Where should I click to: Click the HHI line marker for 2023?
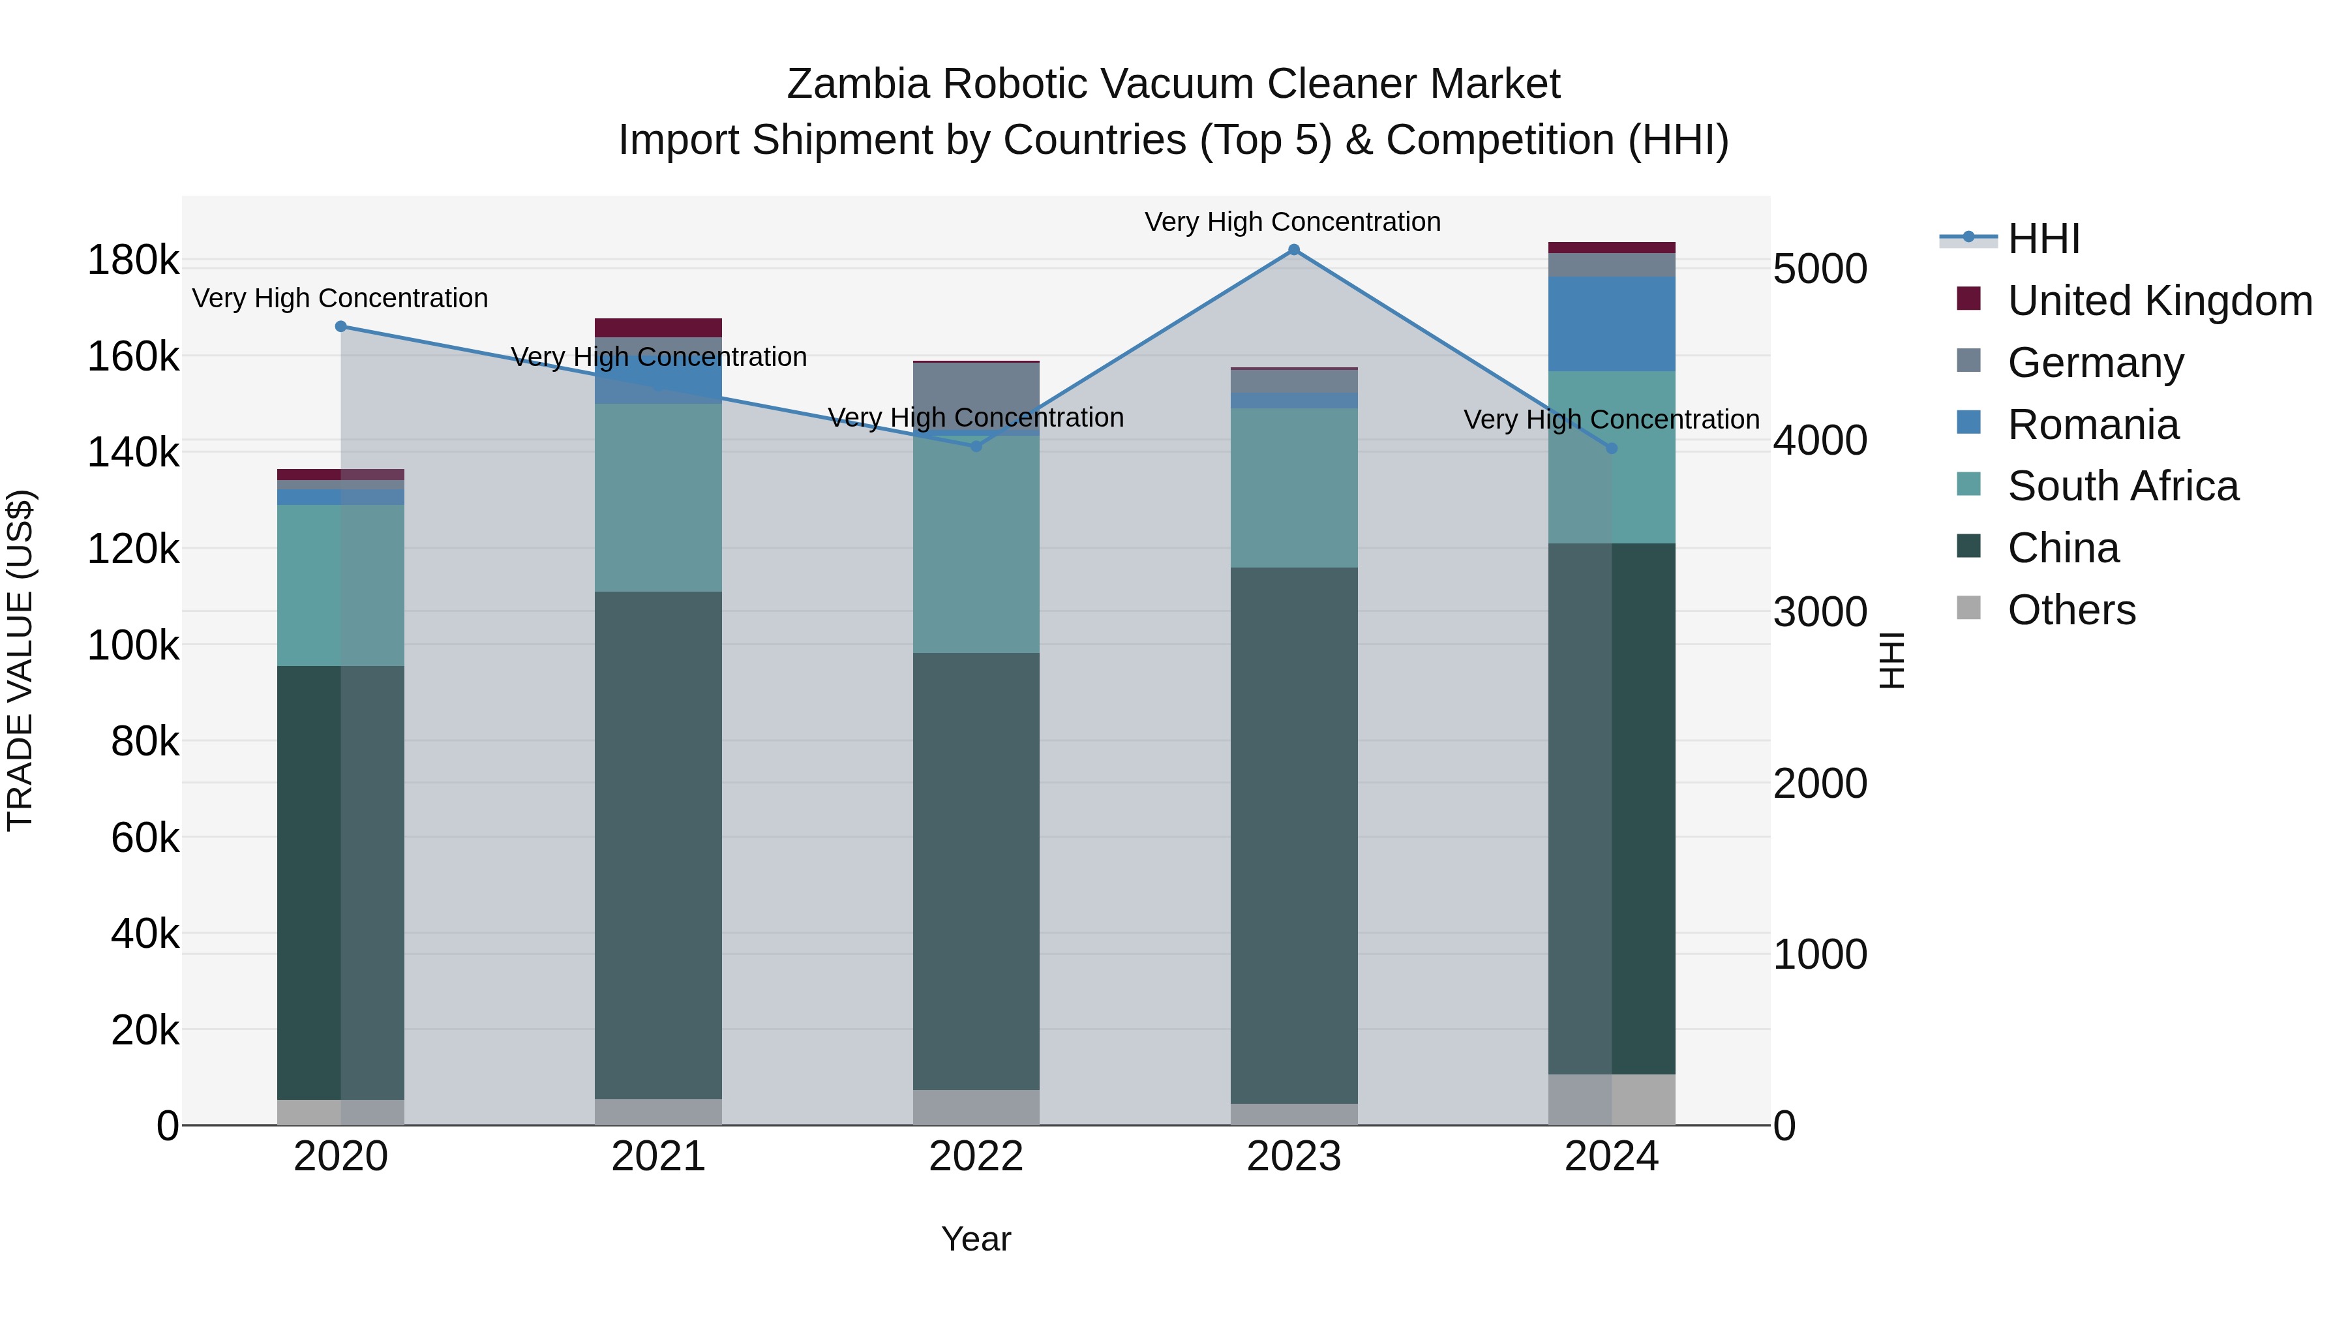tap(1293, 250)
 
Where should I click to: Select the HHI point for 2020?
tap(341, 326)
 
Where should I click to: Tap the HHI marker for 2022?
tap(976, 446)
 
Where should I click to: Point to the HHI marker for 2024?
tap(1612, 449)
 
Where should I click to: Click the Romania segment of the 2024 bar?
tap(1612, 324)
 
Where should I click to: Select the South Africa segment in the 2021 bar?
tap(658, 497)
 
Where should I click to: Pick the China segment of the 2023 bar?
tap(1293, 834)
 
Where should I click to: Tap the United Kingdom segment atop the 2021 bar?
tap(658, 327)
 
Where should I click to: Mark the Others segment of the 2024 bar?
tap(1612, 1099)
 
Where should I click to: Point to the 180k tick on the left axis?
tap(133, 261)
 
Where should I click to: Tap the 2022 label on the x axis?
tap(976, 1157)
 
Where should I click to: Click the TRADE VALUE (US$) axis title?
tap(20, 660)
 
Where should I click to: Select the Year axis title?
tap(976, 1239)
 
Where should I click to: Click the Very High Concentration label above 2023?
tap(1293, 222)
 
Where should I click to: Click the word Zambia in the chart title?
tap(858, 84)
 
